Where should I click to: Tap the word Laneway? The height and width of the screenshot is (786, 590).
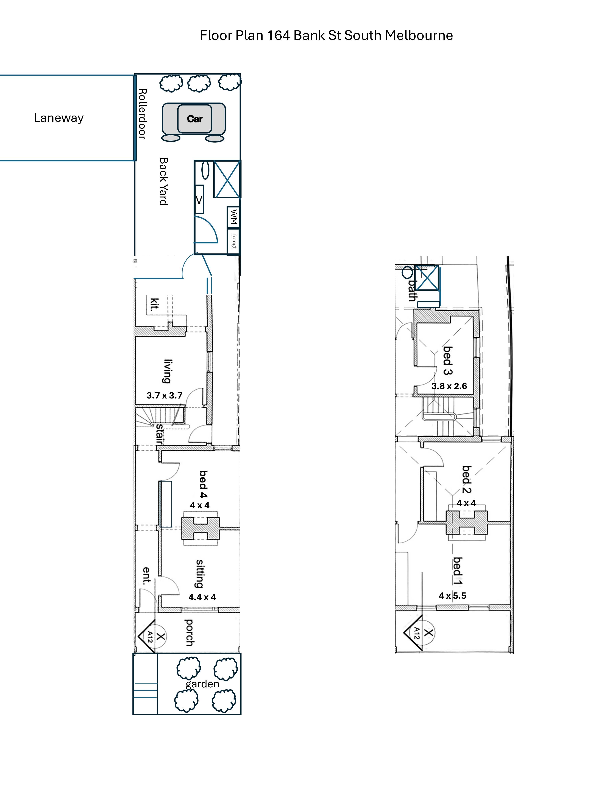tap(59, 118)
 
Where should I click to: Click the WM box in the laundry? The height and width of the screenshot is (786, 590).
tap(233, 217)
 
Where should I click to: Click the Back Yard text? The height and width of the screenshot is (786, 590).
tap(163, 182)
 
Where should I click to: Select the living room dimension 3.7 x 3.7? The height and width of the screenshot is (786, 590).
tap(164, 396)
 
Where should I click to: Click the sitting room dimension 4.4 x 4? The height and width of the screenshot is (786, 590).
tap(202, 597)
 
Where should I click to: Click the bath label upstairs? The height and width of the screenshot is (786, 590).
tap(412, 290)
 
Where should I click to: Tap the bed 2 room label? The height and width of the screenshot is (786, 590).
tap(466, 480)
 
